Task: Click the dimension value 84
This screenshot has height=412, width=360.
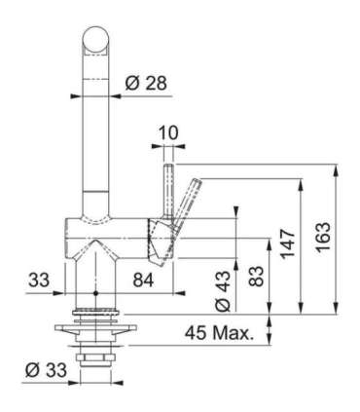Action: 143,281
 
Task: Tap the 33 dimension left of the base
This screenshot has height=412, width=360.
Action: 38,281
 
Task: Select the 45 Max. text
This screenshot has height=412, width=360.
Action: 219,333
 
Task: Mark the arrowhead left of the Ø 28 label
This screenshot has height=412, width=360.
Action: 118,94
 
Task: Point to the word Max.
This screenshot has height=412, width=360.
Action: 234,333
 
